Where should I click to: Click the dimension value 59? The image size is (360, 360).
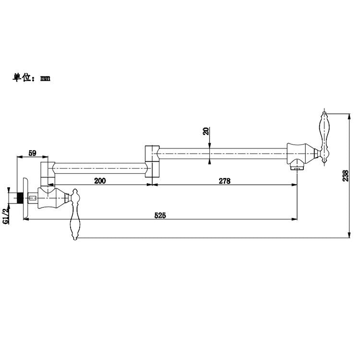32,153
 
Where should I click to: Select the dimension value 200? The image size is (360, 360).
100,180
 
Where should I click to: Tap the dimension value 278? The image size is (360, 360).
224,181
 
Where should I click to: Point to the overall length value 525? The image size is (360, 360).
160,216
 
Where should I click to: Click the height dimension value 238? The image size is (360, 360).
345,176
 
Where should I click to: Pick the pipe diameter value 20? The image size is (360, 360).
206,131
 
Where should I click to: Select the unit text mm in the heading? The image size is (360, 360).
45,79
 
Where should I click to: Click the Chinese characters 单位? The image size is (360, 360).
21,78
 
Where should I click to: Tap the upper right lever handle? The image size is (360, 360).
324,137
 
